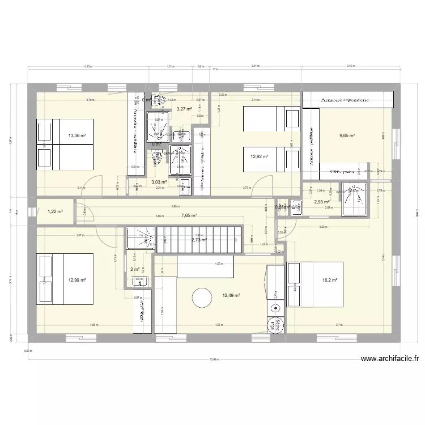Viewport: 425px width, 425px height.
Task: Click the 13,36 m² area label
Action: click(x=77, y=135)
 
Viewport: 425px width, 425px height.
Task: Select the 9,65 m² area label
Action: click(x=347, y=135)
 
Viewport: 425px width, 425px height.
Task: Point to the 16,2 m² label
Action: click(x=330, y=280)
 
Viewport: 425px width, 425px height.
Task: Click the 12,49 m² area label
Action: click(x=231, y=295)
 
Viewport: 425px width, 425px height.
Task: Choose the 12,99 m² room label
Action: click(x=77, y=280)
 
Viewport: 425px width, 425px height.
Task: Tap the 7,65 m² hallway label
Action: click(x=189, y=215)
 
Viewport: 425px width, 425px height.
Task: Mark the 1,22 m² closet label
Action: click(x=54, y=211)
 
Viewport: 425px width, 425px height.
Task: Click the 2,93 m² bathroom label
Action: click(x=322, y=202)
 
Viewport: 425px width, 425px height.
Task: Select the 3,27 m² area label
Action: click(x=184, y=109)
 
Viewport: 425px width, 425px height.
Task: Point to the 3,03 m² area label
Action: click(x=159, y=182)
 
